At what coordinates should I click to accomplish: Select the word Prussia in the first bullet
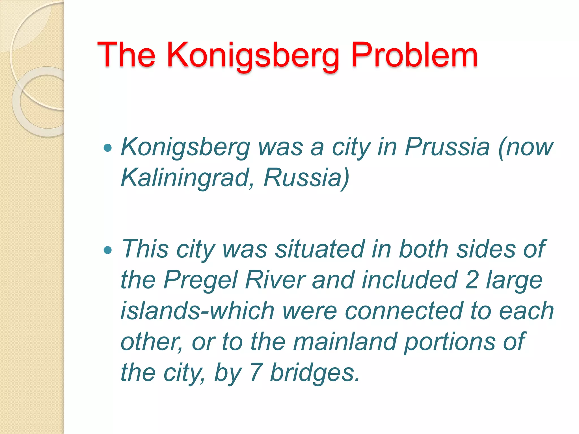click(447, 147)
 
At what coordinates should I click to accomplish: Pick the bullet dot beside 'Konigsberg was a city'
click(108, 147)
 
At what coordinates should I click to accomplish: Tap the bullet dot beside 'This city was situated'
click(108, 250)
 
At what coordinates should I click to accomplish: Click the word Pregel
click(200, 281)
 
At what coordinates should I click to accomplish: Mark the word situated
click(320, 249)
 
